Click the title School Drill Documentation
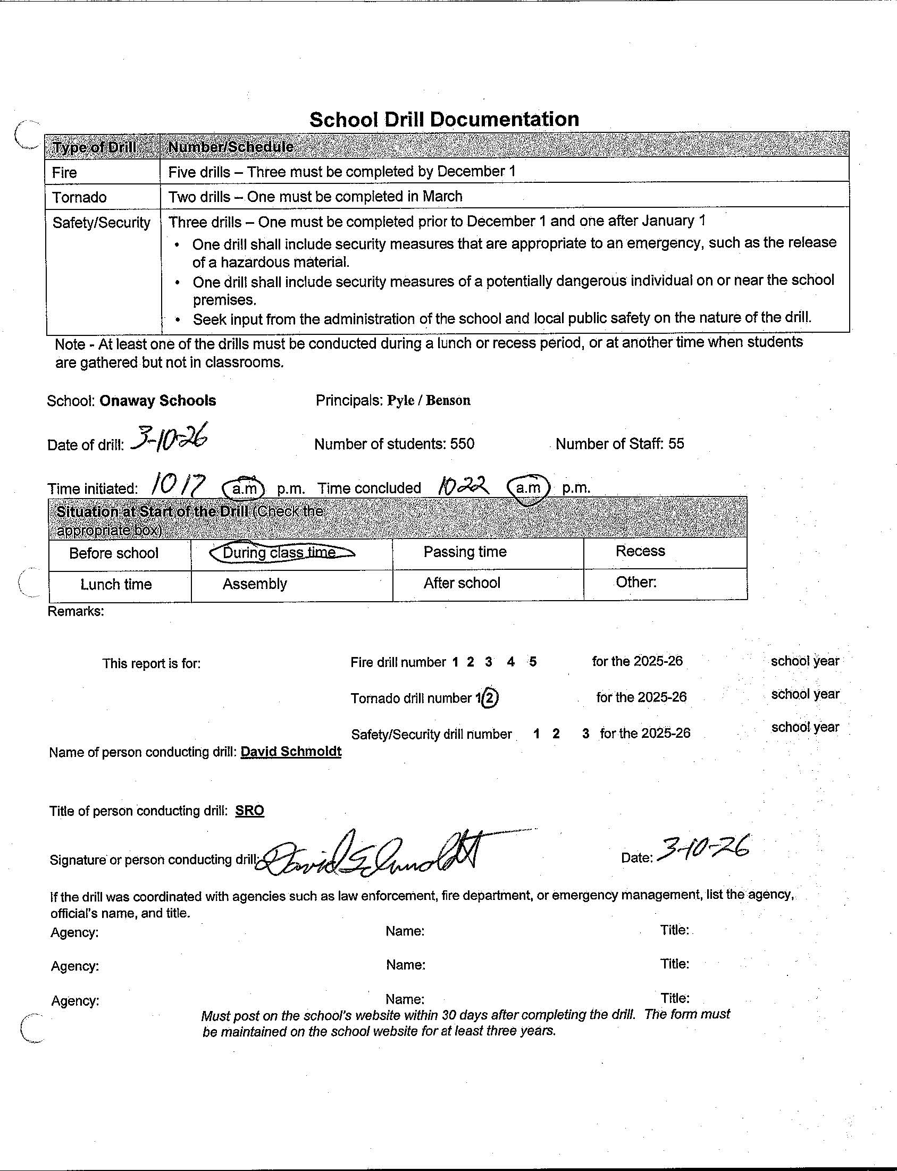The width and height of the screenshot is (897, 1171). pyautogui.click(x=443, y=119)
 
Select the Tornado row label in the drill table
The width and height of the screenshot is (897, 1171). pyautogui.click(x=79, y=198)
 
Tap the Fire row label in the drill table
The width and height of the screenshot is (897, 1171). pyautogui.click(x=65, y=172)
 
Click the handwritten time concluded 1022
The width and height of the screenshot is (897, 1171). pyautogui.click(x=463, y=485)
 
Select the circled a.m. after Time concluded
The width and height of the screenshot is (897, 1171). pyautogui.click(x=528, y=487)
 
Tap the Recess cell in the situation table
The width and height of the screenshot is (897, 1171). pyautogui.click(x=640, y=551)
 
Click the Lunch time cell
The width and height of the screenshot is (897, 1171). pyautogui.click(x=116, y=584)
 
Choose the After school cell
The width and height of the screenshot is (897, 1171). pyautogui.click(x=462, y=583)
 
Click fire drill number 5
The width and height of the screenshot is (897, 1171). pyautogui.click(x=532, y=662)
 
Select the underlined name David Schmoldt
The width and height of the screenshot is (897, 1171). pyautogui.click(x=291, y=752)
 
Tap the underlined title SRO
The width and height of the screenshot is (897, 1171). pyautogui.click(x=250, y=810)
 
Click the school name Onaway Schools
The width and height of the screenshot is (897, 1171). pyautogui.click(x=157, y=401)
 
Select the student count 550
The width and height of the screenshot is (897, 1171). pyautogui.click(x=462, y=444)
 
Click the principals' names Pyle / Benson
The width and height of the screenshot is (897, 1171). pyautogui.click(x=429, y=400)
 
